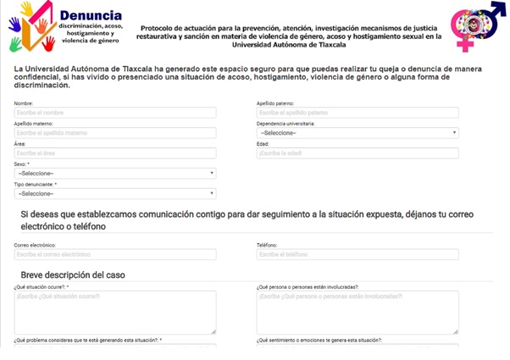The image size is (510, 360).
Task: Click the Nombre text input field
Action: coord(114,113)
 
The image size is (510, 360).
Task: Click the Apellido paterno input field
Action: coord(357,113)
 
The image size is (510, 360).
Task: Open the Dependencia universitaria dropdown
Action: coord(357,133)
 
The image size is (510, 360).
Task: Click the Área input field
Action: coord(114,153)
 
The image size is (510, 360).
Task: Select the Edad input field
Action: coord(357,153)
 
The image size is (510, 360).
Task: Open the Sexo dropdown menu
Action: coord(114,174)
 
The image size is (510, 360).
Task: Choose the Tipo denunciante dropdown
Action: coord(114,194)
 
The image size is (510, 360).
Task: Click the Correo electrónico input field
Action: coord(114,254)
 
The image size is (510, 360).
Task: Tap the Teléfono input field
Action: coord(357,254)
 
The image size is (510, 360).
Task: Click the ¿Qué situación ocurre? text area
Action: coord(114,313)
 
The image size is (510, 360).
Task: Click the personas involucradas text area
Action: coord(357,313)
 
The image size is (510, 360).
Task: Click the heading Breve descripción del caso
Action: coord(75,275)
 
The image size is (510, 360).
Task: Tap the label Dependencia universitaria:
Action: coord(285,124)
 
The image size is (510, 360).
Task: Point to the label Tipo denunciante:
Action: coord(35,185)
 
